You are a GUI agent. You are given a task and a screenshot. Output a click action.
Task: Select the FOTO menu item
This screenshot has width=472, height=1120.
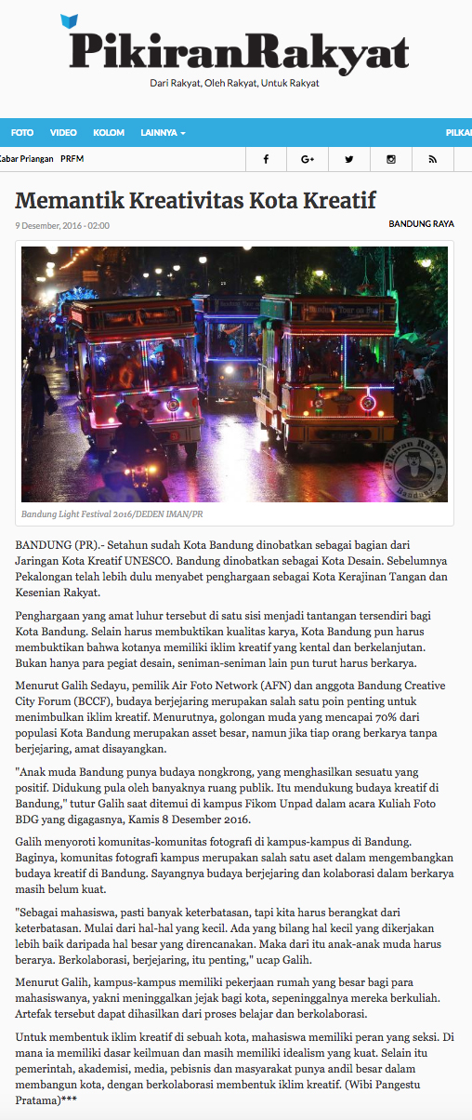pos(22,133)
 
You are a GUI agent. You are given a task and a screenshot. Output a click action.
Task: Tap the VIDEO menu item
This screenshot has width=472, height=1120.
pos(63,133)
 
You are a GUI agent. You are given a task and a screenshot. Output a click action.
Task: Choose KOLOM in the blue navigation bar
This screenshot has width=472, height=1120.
pos(109,133)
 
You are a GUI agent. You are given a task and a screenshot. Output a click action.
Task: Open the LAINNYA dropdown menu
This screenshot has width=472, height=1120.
pos(163,133)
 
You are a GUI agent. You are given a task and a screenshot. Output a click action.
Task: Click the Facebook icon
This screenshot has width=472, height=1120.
pos(266,159)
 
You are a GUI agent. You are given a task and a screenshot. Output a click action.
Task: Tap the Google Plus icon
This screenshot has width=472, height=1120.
pos(308,159)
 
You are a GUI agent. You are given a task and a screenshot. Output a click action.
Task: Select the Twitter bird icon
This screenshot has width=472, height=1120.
pos(349,159)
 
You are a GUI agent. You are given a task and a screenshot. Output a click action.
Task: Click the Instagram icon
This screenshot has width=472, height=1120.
pos(391,159)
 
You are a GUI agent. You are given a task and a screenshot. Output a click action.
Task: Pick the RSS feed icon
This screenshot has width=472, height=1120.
pos(432,159)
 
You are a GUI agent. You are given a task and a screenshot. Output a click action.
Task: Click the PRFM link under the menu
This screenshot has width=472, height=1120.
pos(72,159)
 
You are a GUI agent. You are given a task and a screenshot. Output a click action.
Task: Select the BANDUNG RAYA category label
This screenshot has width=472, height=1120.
pos(421,224)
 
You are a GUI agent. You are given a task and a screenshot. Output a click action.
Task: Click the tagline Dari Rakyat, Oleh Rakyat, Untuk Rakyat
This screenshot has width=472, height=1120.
pos(235,83)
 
